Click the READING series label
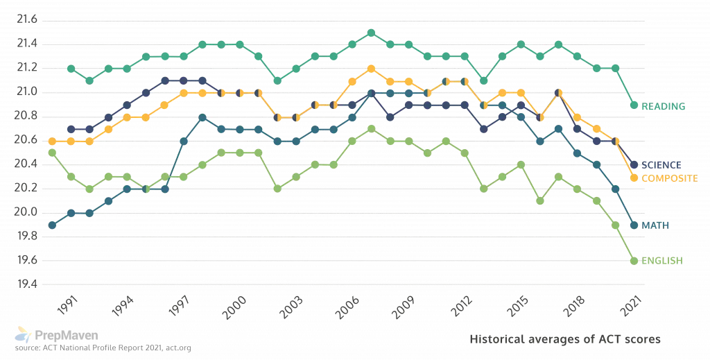coord(664,106)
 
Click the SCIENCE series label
coord(661,165)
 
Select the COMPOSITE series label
coord(668,178)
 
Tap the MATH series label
coord(655,225)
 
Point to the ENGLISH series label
coord(662,261)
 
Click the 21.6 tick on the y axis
coord(26,19)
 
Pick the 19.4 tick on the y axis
coord(26,285)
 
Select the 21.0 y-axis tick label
coord(26,92)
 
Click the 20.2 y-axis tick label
coord(26,189)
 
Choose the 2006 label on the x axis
coord(348,305)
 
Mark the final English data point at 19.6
coord(634,261)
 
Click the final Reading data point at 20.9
coord(634,105)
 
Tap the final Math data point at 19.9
coord(634,225)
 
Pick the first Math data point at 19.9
coord(52,225)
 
